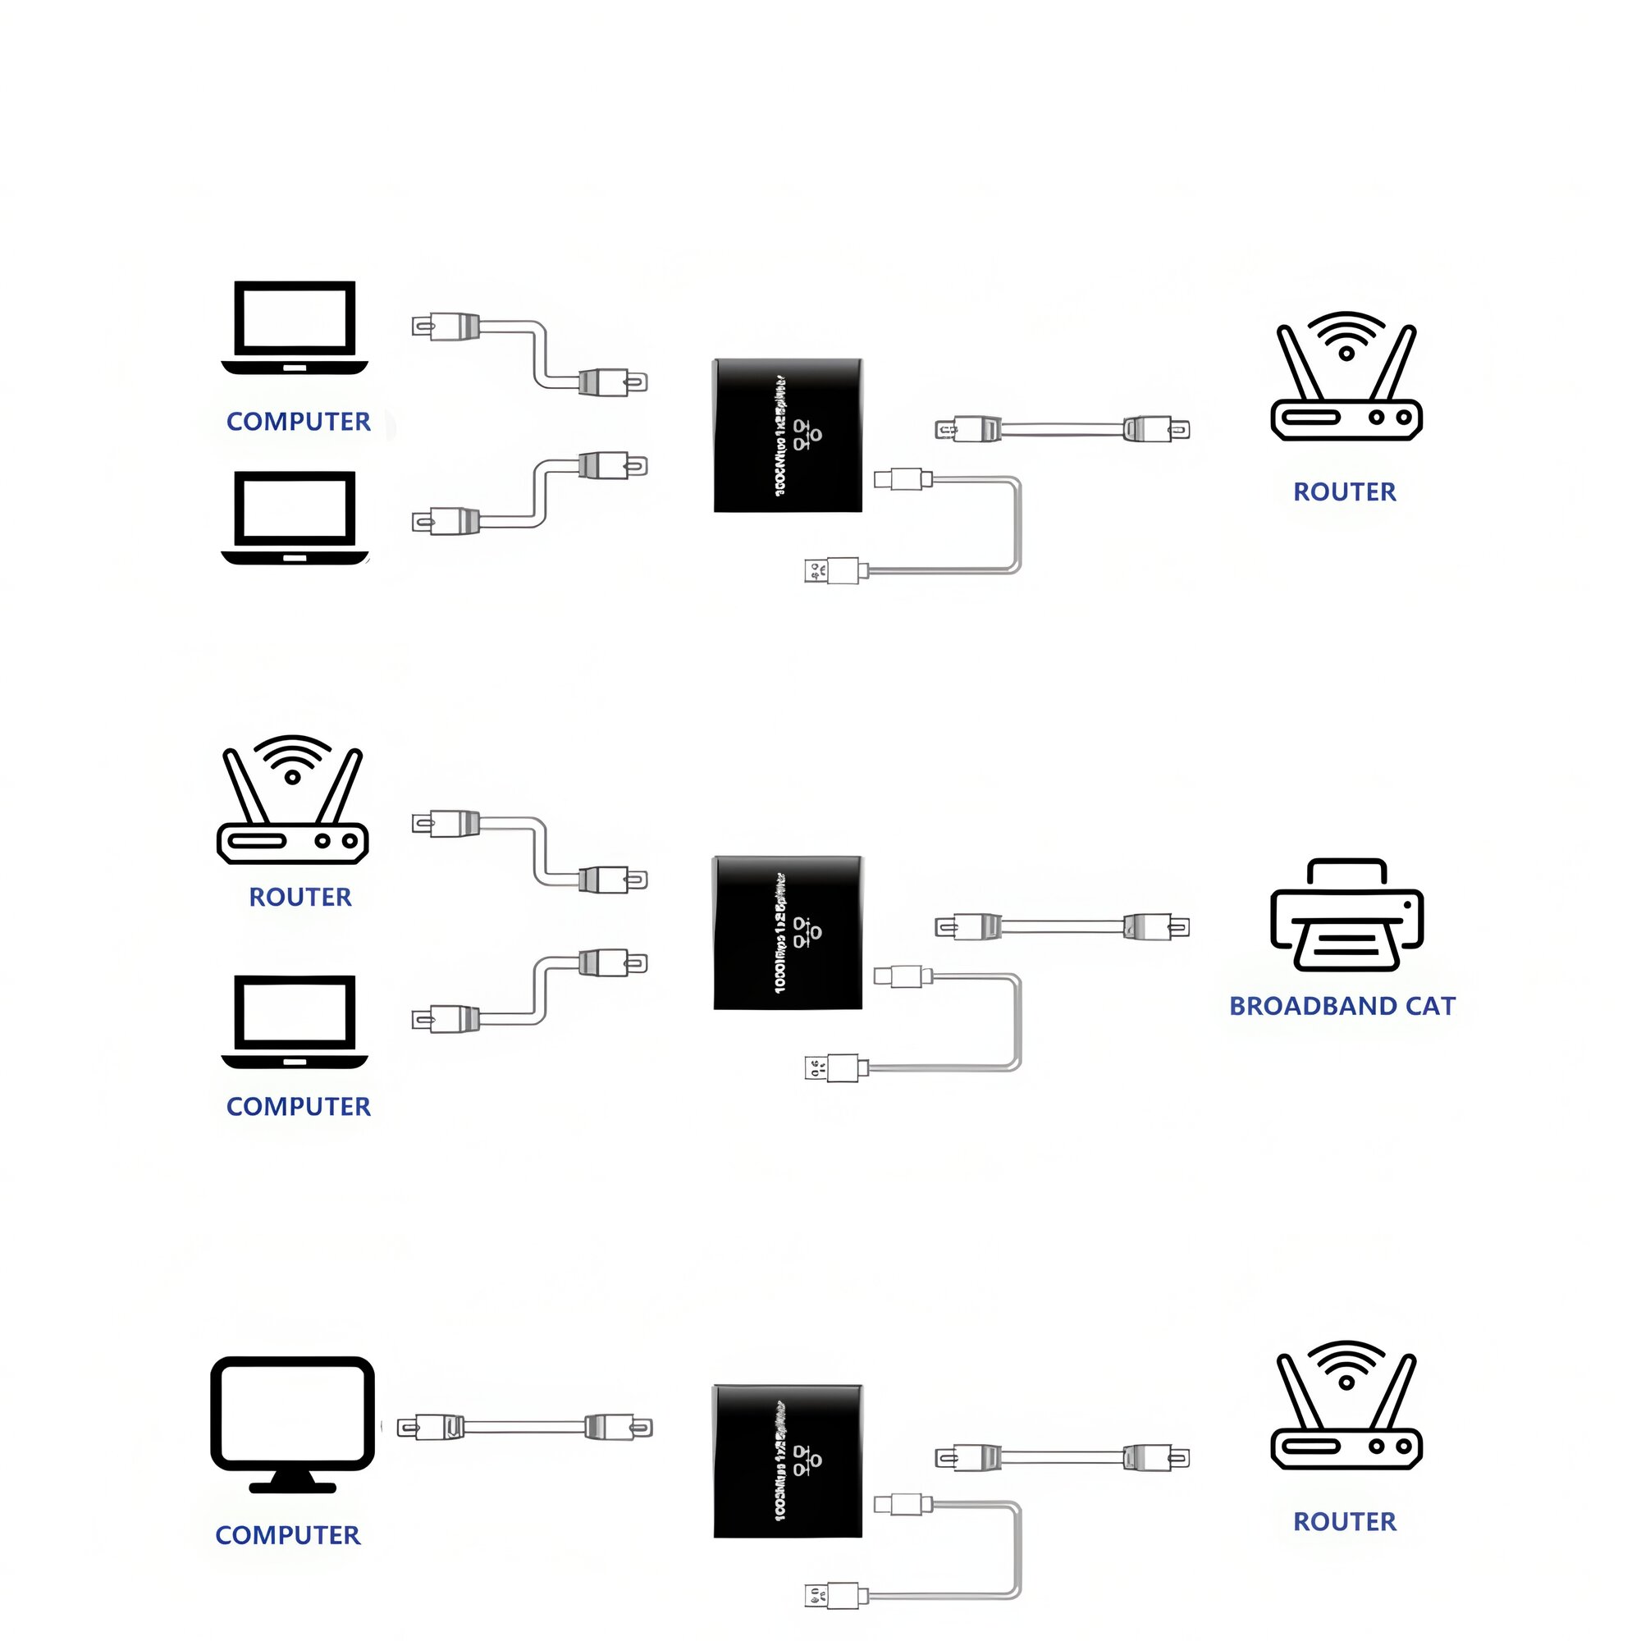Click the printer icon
tap(1346, 916)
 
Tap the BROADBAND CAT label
tap(1342, 1007)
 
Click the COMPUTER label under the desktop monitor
tap(288, 1535)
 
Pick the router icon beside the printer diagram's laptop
tap(292, 800)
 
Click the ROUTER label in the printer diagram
tap(299, 897)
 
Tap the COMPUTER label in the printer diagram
tap(298, 1107)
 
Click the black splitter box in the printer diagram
tap(788, 933)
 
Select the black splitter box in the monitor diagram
tap(788, 1461)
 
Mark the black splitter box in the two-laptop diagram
tap(788, 435)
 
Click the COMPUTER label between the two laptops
tap(298, 421)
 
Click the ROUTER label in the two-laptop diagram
tap(1345, 491)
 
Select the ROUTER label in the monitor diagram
tap(1345, 1521)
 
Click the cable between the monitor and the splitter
tap(524, 1427)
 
